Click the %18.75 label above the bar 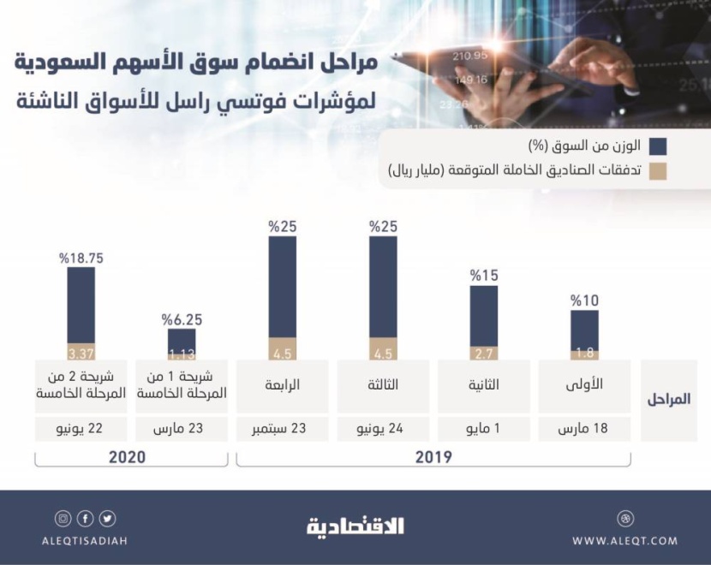coord(81,256)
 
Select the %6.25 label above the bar coord(181,318)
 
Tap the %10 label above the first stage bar coord(584,300)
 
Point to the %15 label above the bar coord(483,276)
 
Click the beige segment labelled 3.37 coord(81,351)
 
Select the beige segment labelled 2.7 coord(483,353)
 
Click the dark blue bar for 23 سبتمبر coord(282,287)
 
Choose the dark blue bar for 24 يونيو coord(383,287)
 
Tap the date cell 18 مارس coord(584,428)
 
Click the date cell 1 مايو coord(483,428)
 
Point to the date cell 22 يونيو coord(81,428)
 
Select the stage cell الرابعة coord(282,385)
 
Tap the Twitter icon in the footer coord(108,519)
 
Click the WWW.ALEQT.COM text coord(624,540)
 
